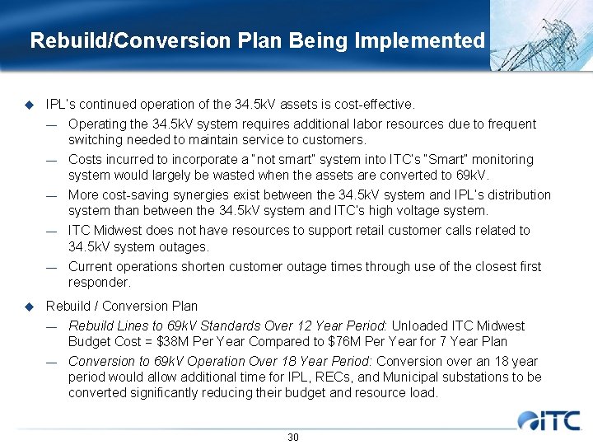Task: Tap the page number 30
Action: pos(293,437)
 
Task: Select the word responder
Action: pos(100,282)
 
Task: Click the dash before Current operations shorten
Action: pos(51,267)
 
